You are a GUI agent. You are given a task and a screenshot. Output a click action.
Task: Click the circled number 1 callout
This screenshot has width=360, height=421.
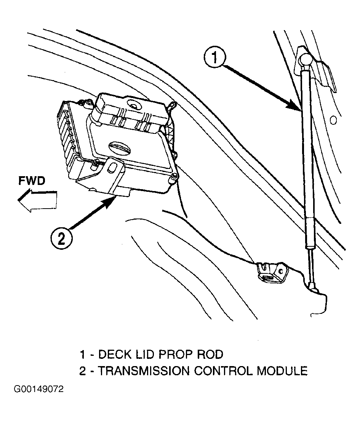click(215, 58)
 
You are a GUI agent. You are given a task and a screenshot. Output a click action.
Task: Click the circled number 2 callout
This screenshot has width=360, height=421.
click(61, 238)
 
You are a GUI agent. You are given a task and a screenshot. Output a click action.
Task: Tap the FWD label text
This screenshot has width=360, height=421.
click(32, 181)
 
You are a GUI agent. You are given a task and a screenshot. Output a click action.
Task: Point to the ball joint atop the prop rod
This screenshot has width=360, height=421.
click(306, 59)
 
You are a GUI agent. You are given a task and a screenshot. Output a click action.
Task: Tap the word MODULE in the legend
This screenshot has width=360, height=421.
click(282, 371)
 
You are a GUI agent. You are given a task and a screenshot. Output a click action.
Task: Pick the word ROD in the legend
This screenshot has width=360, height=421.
click(210, 354)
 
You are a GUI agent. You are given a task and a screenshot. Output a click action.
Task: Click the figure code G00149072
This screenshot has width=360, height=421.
click(39, 389)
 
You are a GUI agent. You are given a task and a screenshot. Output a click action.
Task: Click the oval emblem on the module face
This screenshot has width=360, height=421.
click(120, 148)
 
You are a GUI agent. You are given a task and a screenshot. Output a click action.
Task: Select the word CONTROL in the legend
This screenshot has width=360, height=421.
click(223, 371)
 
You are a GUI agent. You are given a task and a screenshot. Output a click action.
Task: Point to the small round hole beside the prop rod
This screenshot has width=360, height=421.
click(333, 120)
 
